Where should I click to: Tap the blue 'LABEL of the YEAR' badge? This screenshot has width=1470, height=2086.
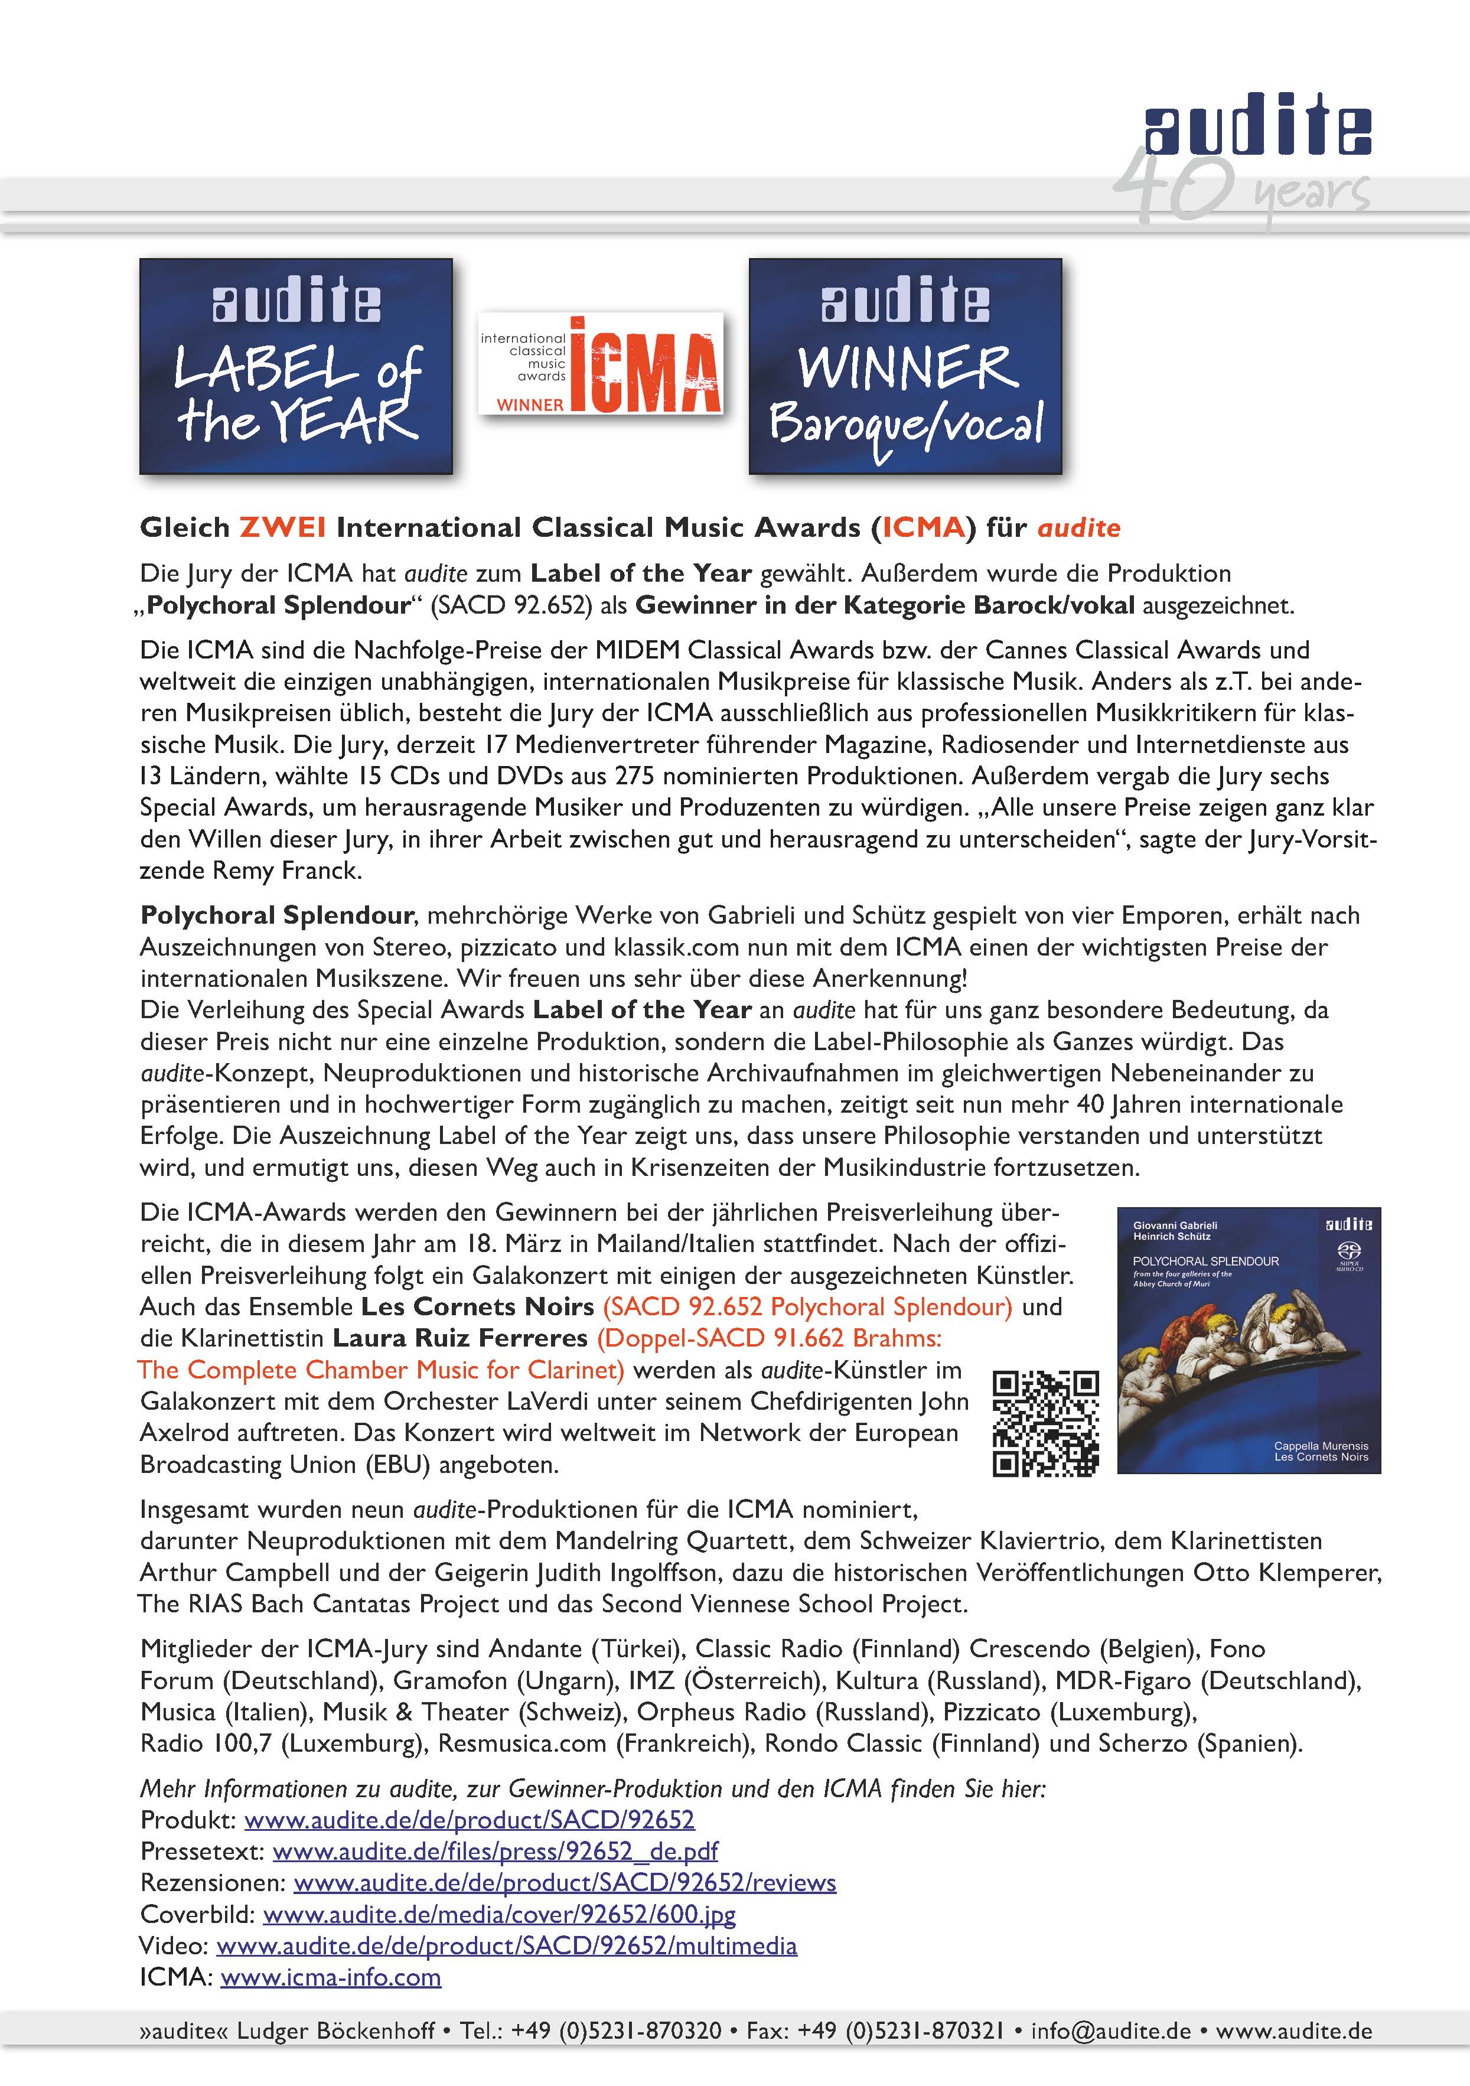[x=296, y=366]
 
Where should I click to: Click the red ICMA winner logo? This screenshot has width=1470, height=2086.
[x=601, y=363]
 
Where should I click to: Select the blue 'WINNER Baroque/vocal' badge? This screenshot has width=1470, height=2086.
[x=905, y=366]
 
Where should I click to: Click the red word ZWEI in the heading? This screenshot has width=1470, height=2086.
[x=282, y=528]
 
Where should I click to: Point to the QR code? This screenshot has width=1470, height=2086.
[x=1046, y=1424]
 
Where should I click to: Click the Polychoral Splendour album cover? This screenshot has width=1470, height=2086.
[x=1249, y=1340]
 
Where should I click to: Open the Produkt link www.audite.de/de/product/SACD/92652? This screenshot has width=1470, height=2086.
[x=469, y=1820]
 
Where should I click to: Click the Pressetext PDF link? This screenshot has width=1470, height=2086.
[x=495, y=1851]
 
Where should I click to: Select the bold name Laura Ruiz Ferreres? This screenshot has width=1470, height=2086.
[x=459, y=1338]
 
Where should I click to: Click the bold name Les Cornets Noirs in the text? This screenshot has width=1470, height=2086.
[x=477, y=1306]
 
